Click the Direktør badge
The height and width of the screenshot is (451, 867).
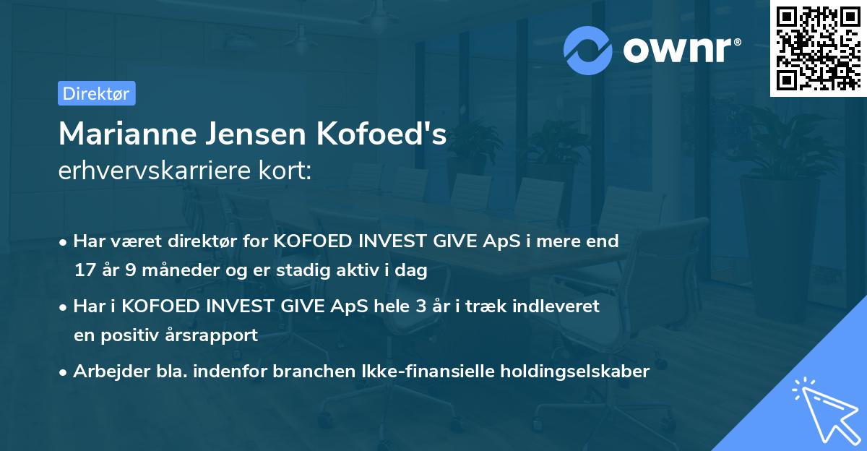96,93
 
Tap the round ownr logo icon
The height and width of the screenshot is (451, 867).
587,50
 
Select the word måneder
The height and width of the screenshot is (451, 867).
176,271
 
